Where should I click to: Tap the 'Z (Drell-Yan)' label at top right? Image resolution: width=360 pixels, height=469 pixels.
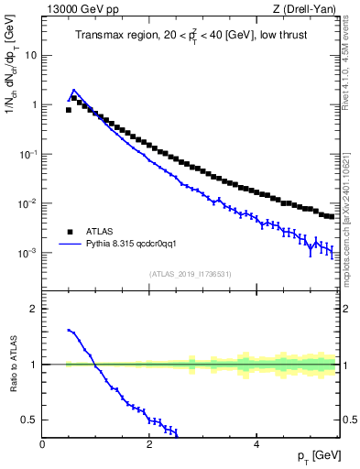coord(306,9)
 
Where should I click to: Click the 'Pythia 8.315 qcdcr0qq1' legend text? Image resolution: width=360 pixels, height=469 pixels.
coord(126,245)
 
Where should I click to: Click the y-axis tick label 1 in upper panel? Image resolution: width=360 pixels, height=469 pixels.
coord(35,104)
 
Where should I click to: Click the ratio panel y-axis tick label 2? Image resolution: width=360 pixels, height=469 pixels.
coord(35,309)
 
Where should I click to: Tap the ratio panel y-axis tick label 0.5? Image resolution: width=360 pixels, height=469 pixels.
coord(31,420)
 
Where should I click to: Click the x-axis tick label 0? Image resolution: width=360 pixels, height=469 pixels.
coord(43,444)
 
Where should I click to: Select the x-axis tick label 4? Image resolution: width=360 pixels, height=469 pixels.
coord(256,444)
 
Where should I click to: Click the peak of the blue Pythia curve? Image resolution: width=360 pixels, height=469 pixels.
coord(73,91)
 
